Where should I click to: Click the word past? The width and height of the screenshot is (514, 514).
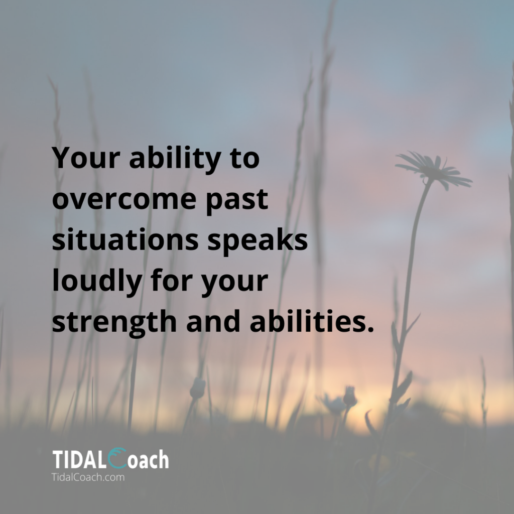237,201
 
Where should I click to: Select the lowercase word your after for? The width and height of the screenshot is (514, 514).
235,283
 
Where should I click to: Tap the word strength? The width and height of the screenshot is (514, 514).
114,322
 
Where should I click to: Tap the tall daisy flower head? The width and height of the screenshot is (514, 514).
433,170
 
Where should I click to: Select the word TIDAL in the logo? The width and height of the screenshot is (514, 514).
79,459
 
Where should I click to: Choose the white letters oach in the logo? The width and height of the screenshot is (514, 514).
148,459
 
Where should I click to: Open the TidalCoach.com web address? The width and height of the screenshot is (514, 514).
88,477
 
